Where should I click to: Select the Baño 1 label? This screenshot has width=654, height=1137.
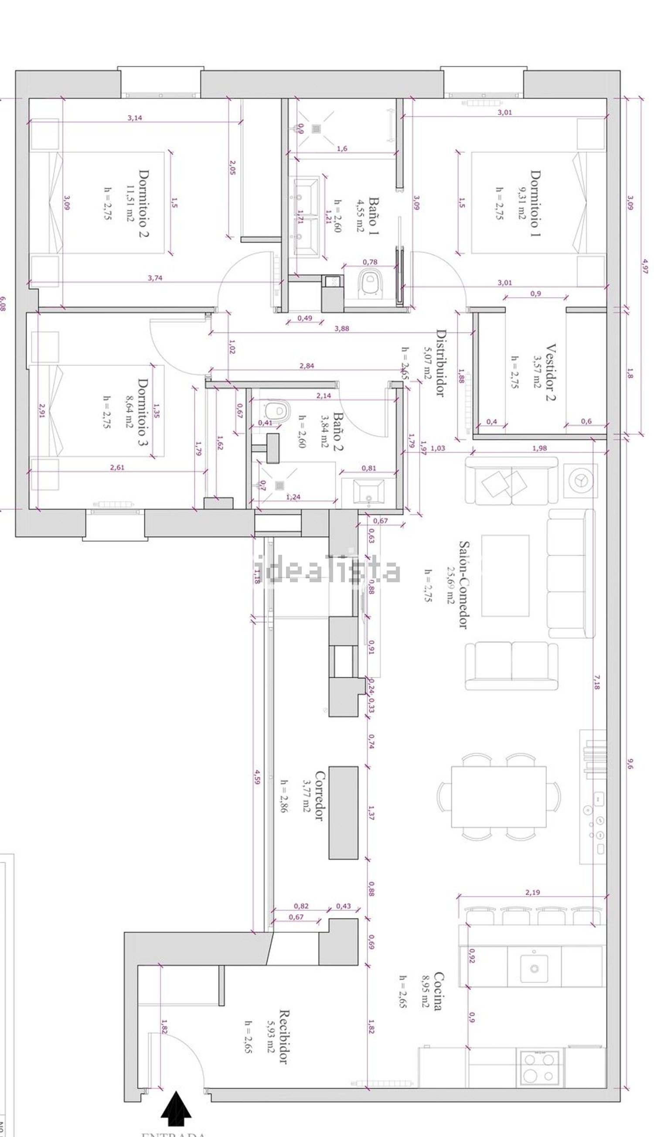(374, 215)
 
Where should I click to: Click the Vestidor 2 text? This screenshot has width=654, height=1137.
(551, 372)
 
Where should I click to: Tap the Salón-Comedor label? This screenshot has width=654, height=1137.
(463, 584)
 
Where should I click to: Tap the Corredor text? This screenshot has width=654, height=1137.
(319, 796)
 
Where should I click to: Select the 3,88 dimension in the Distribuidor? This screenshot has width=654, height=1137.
(342, 328)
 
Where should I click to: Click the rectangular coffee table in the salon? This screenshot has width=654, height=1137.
(505, 575)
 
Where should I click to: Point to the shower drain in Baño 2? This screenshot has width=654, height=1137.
(280, 485)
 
